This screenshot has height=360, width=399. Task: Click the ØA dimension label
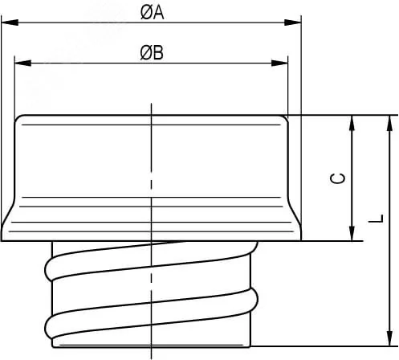152,12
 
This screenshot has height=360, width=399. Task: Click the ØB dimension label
152,52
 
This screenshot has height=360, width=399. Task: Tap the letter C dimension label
338,178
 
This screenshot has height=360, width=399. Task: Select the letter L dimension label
376,219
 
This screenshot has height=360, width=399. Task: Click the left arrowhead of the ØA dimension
10,22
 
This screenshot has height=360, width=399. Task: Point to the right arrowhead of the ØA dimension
293,22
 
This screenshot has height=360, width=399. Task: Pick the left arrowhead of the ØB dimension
22,63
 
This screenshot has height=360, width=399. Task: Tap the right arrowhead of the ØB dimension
279,63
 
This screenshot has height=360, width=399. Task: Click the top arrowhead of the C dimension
352,123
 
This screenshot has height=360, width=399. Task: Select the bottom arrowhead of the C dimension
352,233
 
